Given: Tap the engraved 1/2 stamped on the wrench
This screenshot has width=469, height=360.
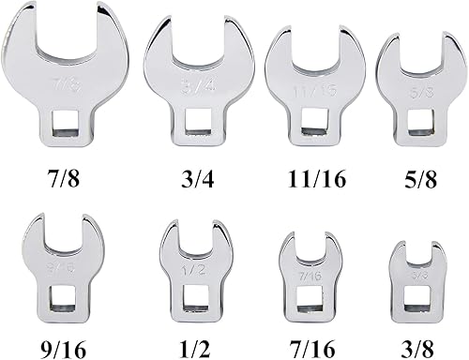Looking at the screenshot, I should (x=190, y=272).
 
